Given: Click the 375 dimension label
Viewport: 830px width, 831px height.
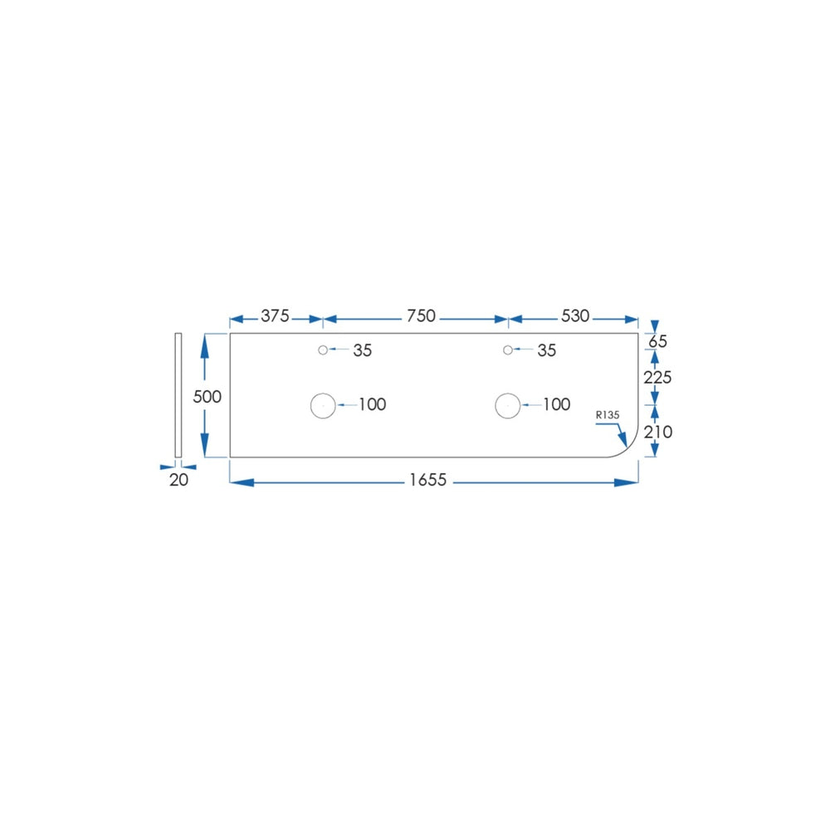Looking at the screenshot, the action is click(275, 315).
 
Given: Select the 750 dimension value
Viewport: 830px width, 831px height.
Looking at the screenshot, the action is click(421, 315).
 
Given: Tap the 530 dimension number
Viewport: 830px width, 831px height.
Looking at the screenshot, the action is click(575, 315).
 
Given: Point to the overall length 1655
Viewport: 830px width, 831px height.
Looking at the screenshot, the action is click(427, 480).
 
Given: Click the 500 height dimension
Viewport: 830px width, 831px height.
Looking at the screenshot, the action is click(207, 397).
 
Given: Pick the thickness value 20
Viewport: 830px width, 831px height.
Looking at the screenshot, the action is click(178, 480).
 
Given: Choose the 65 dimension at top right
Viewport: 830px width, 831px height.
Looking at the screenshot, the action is click(657, 341).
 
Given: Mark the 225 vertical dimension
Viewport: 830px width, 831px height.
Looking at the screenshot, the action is click(657, 378).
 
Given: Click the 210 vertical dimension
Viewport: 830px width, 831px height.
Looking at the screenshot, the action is click(657, 432).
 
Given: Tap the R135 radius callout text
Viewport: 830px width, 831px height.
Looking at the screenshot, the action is click(608, 415).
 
